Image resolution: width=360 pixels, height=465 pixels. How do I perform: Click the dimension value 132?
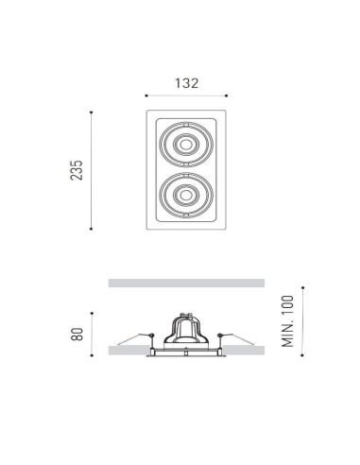click(x=185, y=82)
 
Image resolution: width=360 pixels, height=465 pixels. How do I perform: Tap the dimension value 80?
click(x=77, y=334)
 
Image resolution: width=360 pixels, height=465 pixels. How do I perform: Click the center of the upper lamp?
click(x=185, y=146)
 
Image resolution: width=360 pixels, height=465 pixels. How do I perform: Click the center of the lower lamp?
click(x=185, y=196)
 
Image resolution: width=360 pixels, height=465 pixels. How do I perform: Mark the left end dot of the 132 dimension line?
click(x=146, y=95)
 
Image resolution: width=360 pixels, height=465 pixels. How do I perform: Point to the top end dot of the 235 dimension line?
click(x=91, y=112)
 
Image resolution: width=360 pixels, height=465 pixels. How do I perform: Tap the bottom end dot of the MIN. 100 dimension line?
click(x=302, y=356)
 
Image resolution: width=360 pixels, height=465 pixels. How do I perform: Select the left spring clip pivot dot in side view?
click(x=150, y=335)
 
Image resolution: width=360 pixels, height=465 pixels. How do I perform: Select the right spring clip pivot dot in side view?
click(x=220, y=335)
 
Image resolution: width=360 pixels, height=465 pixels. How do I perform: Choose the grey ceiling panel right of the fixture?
click(x=246, y=350)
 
